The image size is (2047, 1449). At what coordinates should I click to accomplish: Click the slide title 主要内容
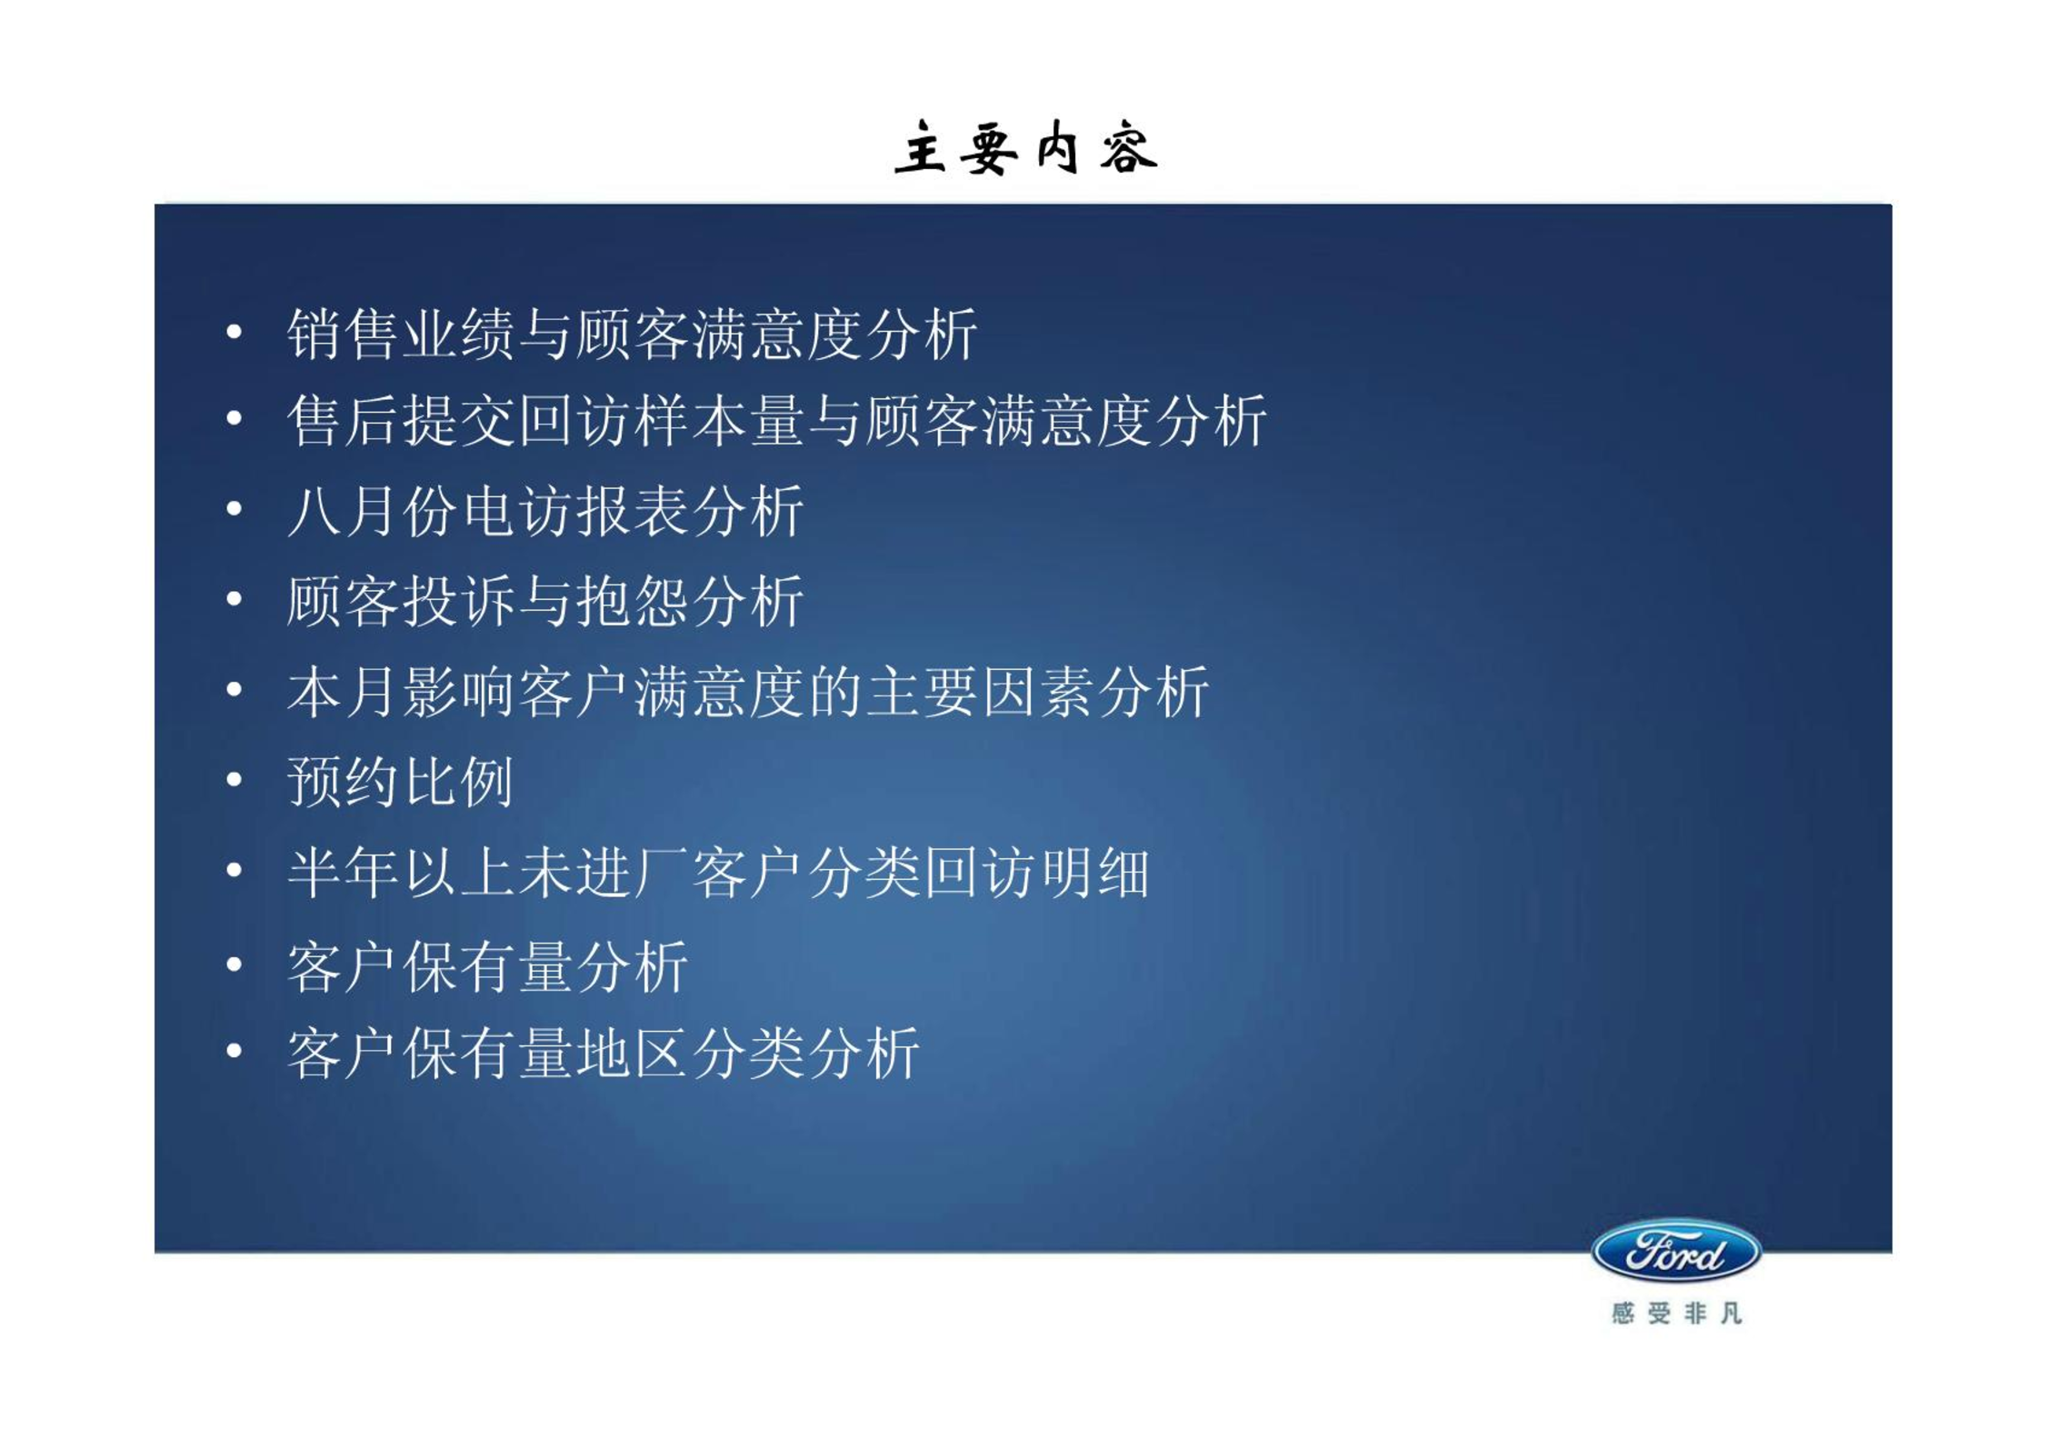pos(1025,147)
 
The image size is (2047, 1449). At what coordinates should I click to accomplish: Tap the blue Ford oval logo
pos(1676,1253)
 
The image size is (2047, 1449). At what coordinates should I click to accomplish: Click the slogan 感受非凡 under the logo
pos(1676,1314)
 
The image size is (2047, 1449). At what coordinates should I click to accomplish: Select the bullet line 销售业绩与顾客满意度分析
pos(632,334)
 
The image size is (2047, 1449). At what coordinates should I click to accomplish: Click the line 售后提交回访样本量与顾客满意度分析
pos(776,420)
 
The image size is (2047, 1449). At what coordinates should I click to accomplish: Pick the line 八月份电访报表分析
pos(545,510)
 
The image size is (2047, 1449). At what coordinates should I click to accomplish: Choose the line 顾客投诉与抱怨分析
pos(545,600)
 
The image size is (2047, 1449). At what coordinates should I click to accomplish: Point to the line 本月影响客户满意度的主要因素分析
pos(747,691)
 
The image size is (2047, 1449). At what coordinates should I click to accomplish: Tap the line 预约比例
pos(400,781)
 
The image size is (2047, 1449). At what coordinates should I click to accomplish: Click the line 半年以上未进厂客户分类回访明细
pos(718,872)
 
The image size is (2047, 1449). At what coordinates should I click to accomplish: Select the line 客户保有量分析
pos(487,965)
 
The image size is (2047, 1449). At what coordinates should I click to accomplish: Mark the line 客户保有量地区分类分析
pos(603,1053)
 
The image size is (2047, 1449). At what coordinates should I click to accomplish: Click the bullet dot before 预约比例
pos(235,780)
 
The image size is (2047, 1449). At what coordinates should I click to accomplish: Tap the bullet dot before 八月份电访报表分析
pos(235,509)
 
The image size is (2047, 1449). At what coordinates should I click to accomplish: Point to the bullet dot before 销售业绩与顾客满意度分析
pos(235,333)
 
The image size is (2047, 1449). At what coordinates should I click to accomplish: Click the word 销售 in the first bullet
pos(344,334)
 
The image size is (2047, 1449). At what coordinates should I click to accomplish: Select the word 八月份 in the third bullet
pos(373,510)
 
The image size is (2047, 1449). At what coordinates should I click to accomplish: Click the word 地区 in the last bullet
pos(632,1053)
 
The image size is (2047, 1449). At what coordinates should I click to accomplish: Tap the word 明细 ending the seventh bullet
pos(1093,872)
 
